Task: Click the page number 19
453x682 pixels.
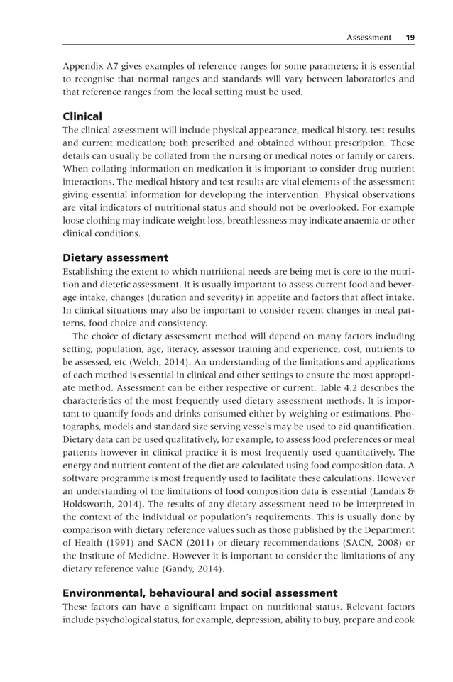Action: click(410, 37)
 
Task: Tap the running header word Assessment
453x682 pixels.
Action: click(368, 37)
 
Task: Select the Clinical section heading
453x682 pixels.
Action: click(82, 116)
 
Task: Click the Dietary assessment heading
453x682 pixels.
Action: click(115, 258)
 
